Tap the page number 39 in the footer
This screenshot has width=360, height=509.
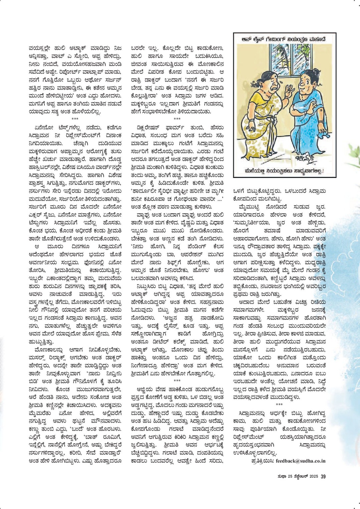coord(323,476)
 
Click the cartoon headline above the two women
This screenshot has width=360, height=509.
coord(285,39)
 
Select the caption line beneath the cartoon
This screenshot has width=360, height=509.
coord(284,172)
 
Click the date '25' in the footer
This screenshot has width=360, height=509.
coord(290,477)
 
